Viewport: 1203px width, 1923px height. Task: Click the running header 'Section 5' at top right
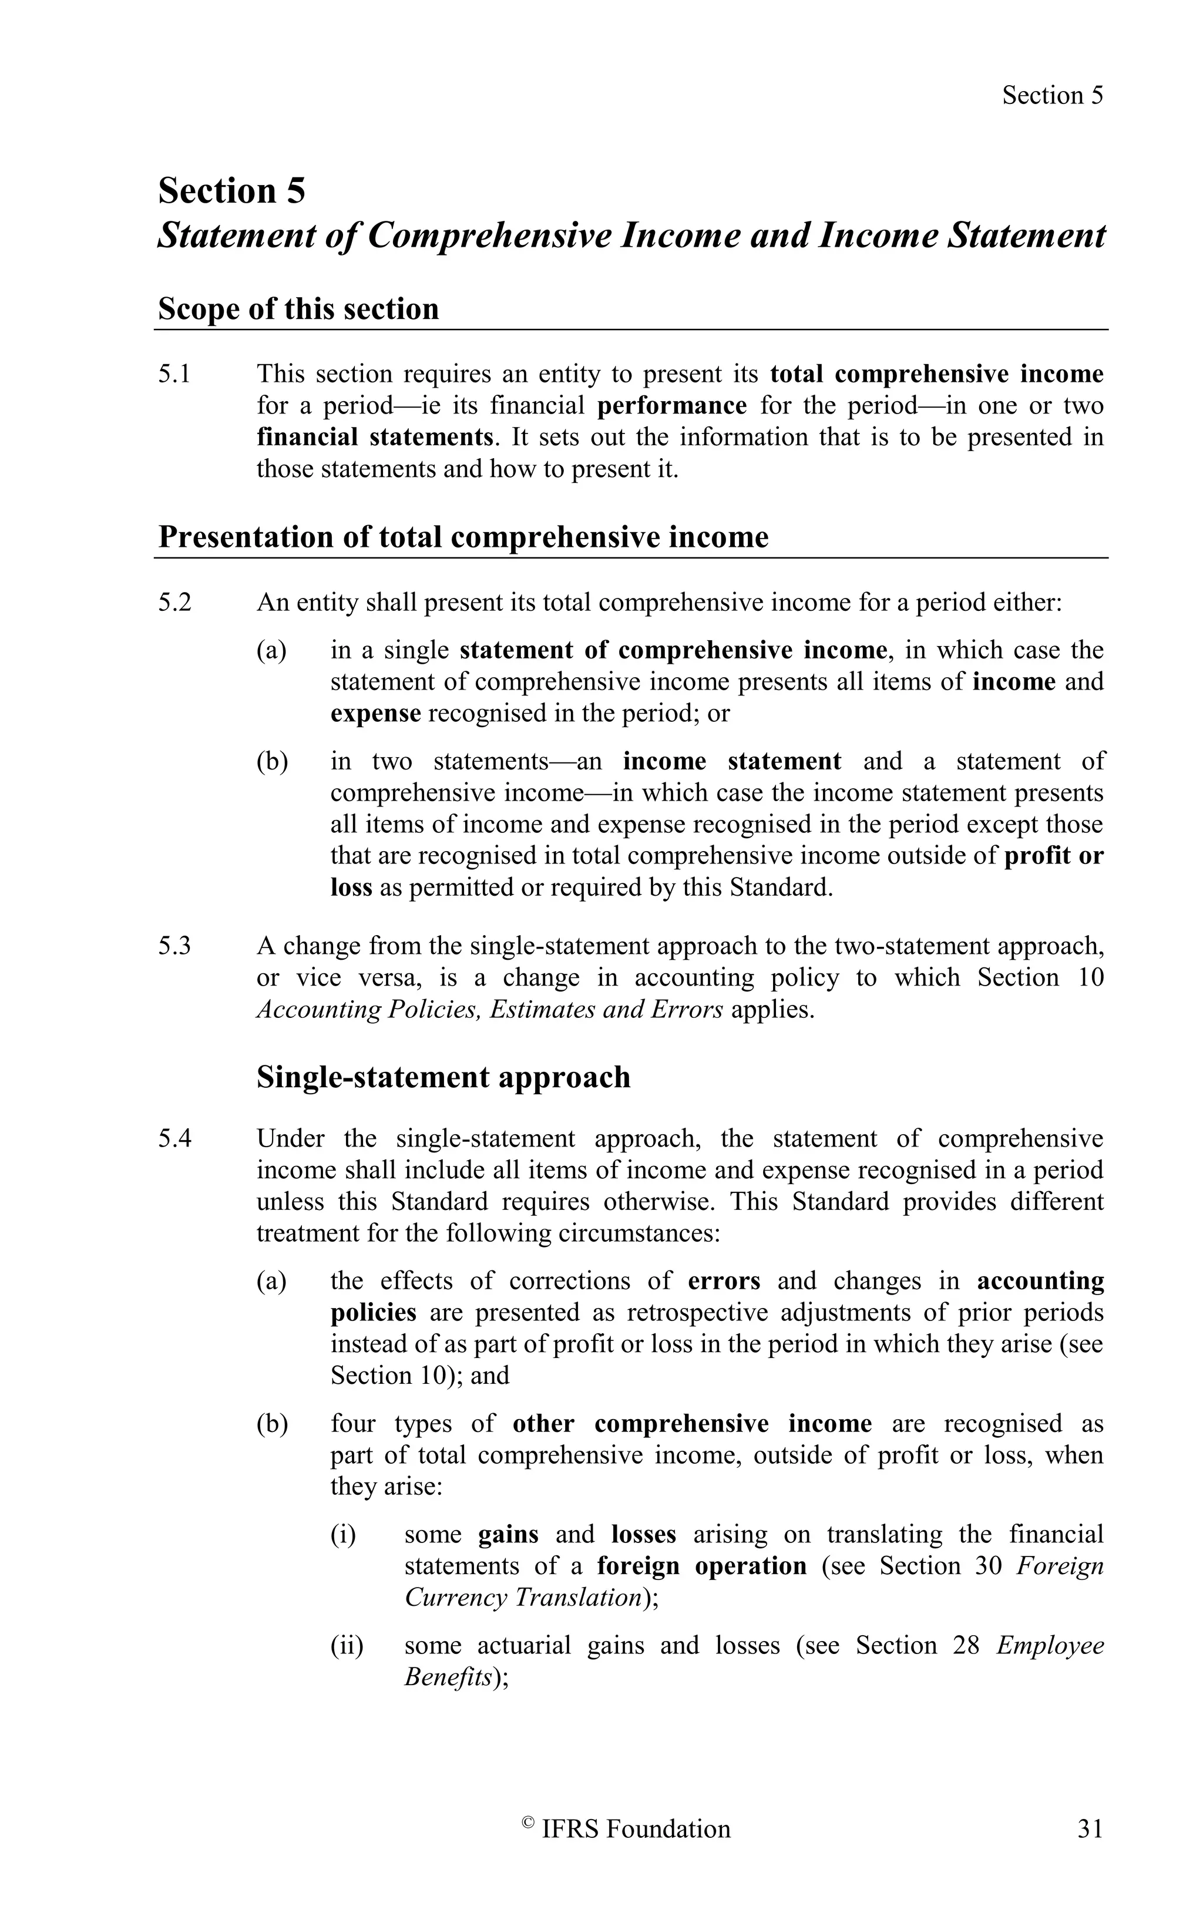click(1052, 96)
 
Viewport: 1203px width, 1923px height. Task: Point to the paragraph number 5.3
click(174, 946)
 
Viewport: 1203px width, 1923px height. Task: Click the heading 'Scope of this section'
click(298, 309)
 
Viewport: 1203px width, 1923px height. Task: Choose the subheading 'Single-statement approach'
click(443, 1077)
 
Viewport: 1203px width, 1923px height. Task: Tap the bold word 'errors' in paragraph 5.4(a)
click(724, 1281)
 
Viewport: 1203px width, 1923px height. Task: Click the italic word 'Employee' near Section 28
click(1050, 1645)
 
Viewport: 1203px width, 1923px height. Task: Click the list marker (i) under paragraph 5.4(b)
click(343, 1534)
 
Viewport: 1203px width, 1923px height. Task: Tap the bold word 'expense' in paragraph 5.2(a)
click(375, 713)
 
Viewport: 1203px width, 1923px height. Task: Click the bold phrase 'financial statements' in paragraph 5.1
click(375, 437)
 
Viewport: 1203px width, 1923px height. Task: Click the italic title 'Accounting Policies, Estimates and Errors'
click(489, 1010)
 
